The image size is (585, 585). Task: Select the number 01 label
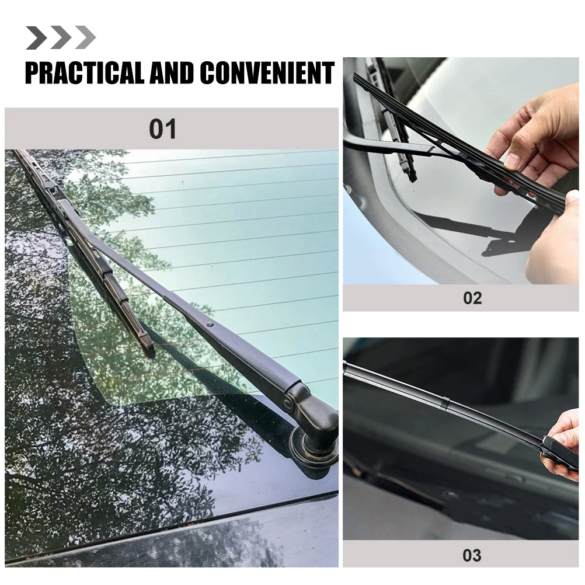pyautogui.click(x=162, y=129)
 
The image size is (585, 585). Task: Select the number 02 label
pyautogui.click(x=472, y=298)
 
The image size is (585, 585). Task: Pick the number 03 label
pyautogui.click(x=472, y=555)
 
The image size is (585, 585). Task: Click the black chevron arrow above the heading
pyautogui.click(x=36, y=38)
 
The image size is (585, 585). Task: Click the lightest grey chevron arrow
pyautogui.click(x=85, y=38)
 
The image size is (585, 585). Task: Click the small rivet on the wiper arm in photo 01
pyautogui.click(x=210, y=323)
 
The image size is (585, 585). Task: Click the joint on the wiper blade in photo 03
pyautogui.click(x=445, y=403)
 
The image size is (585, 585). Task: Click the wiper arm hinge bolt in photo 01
pyautogui.click(x=288, y=402)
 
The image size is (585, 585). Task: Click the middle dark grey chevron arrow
pyautogui.click(x=61, y=38)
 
